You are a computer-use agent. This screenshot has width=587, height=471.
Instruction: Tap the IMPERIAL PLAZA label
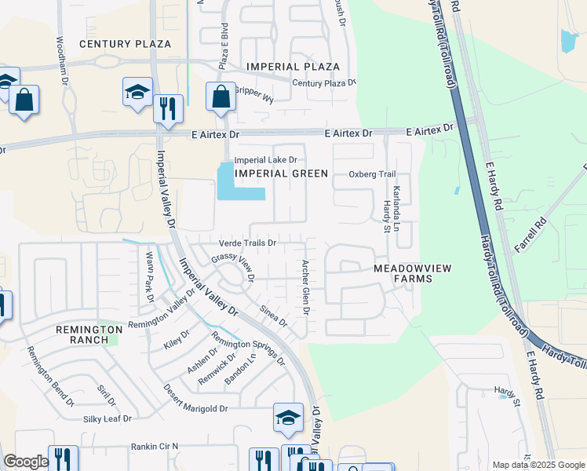(293, 67)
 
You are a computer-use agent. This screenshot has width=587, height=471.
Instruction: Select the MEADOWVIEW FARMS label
(413, 273)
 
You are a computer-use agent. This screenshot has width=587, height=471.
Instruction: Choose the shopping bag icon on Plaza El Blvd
(221, 97)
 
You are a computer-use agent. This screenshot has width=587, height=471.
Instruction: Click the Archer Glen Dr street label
(305, 288)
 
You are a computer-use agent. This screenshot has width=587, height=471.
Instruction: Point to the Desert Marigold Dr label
(195, 408)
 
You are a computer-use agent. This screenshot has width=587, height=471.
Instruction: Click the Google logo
(26, 462)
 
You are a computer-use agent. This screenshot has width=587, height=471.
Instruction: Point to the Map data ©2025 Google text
(538, 465)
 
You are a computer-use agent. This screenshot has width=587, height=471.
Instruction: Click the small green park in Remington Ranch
(113, 338)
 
